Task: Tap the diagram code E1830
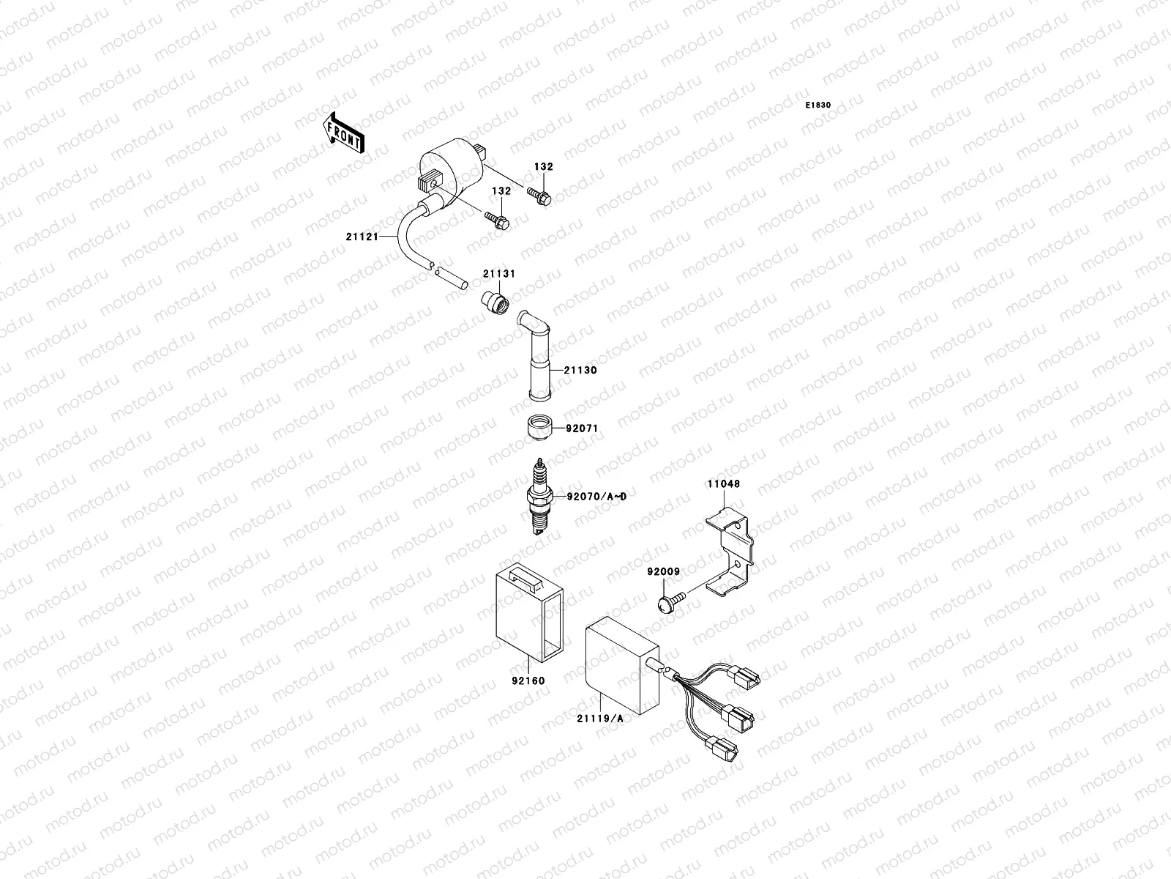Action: coord(818,105)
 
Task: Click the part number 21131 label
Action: coord(498,274)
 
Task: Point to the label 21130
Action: coord(580,370)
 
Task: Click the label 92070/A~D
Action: coord(596,497)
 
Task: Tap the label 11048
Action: coord(723,483)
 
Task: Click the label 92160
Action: coord(528,680)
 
